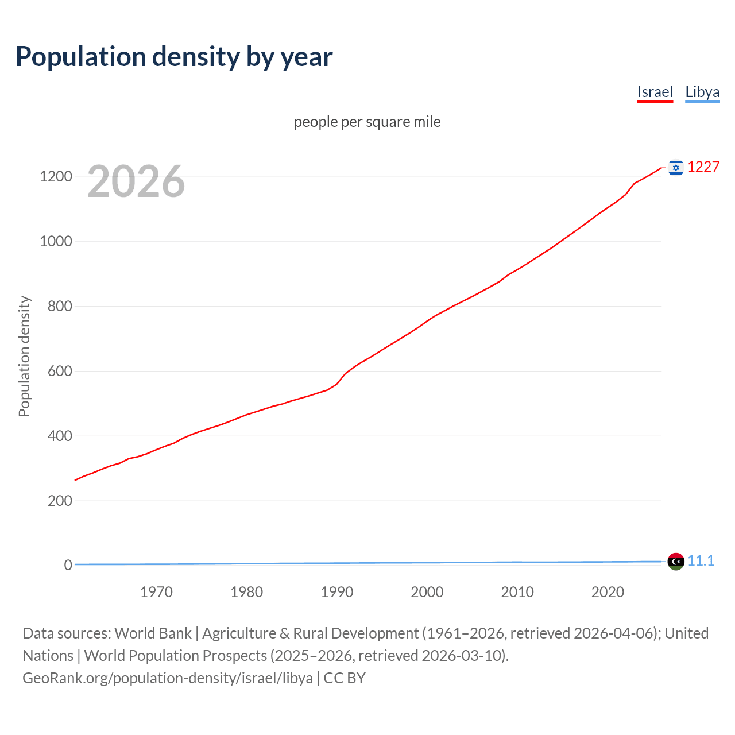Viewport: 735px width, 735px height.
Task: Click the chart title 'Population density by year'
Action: (174, 57)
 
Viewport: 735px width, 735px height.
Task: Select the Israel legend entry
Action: (655, 92)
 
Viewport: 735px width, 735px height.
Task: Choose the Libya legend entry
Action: (702, 92)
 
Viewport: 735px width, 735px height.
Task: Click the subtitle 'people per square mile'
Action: (367, 122)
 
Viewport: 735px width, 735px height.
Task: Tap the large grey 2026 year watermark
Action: (136, 181)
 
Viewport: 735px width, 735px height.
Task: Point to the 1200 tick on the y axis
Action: (56, 176)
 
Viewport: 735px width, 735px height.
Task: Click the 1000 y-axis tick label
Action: (56, 241)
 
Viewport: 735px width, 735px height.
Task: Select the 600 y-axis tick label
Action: (60, 371)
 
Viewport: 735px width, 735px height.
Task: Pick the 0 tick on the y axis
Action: (68, 566)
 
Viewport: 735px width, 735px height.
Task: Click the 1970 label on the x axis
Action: (156, 592)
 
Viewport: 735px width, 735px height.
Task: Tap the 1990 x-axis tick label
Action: (337, 592)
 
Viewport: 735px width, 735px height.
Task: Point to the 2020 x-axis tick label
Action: (608, 592)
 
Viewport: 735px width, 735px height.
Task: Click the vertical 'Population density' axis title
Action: (24, 356)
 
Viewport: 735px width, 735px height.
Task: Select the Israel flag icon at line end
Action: (676, 167)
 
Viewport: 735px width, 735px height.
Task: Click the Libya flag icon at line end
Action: (676, 561)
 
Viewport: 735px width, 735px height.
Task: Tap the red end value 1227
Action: (703, 167)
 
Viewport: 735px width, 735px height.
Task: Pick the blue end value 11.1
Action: (701, 561)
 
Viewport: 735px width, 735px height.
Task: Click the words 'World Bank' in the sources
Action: (153, 633)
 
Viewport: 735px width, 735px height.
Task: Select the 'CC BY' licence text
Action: (345, 678)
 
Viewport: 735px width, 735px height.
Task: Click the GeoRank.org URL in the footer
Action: (168, 678)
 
